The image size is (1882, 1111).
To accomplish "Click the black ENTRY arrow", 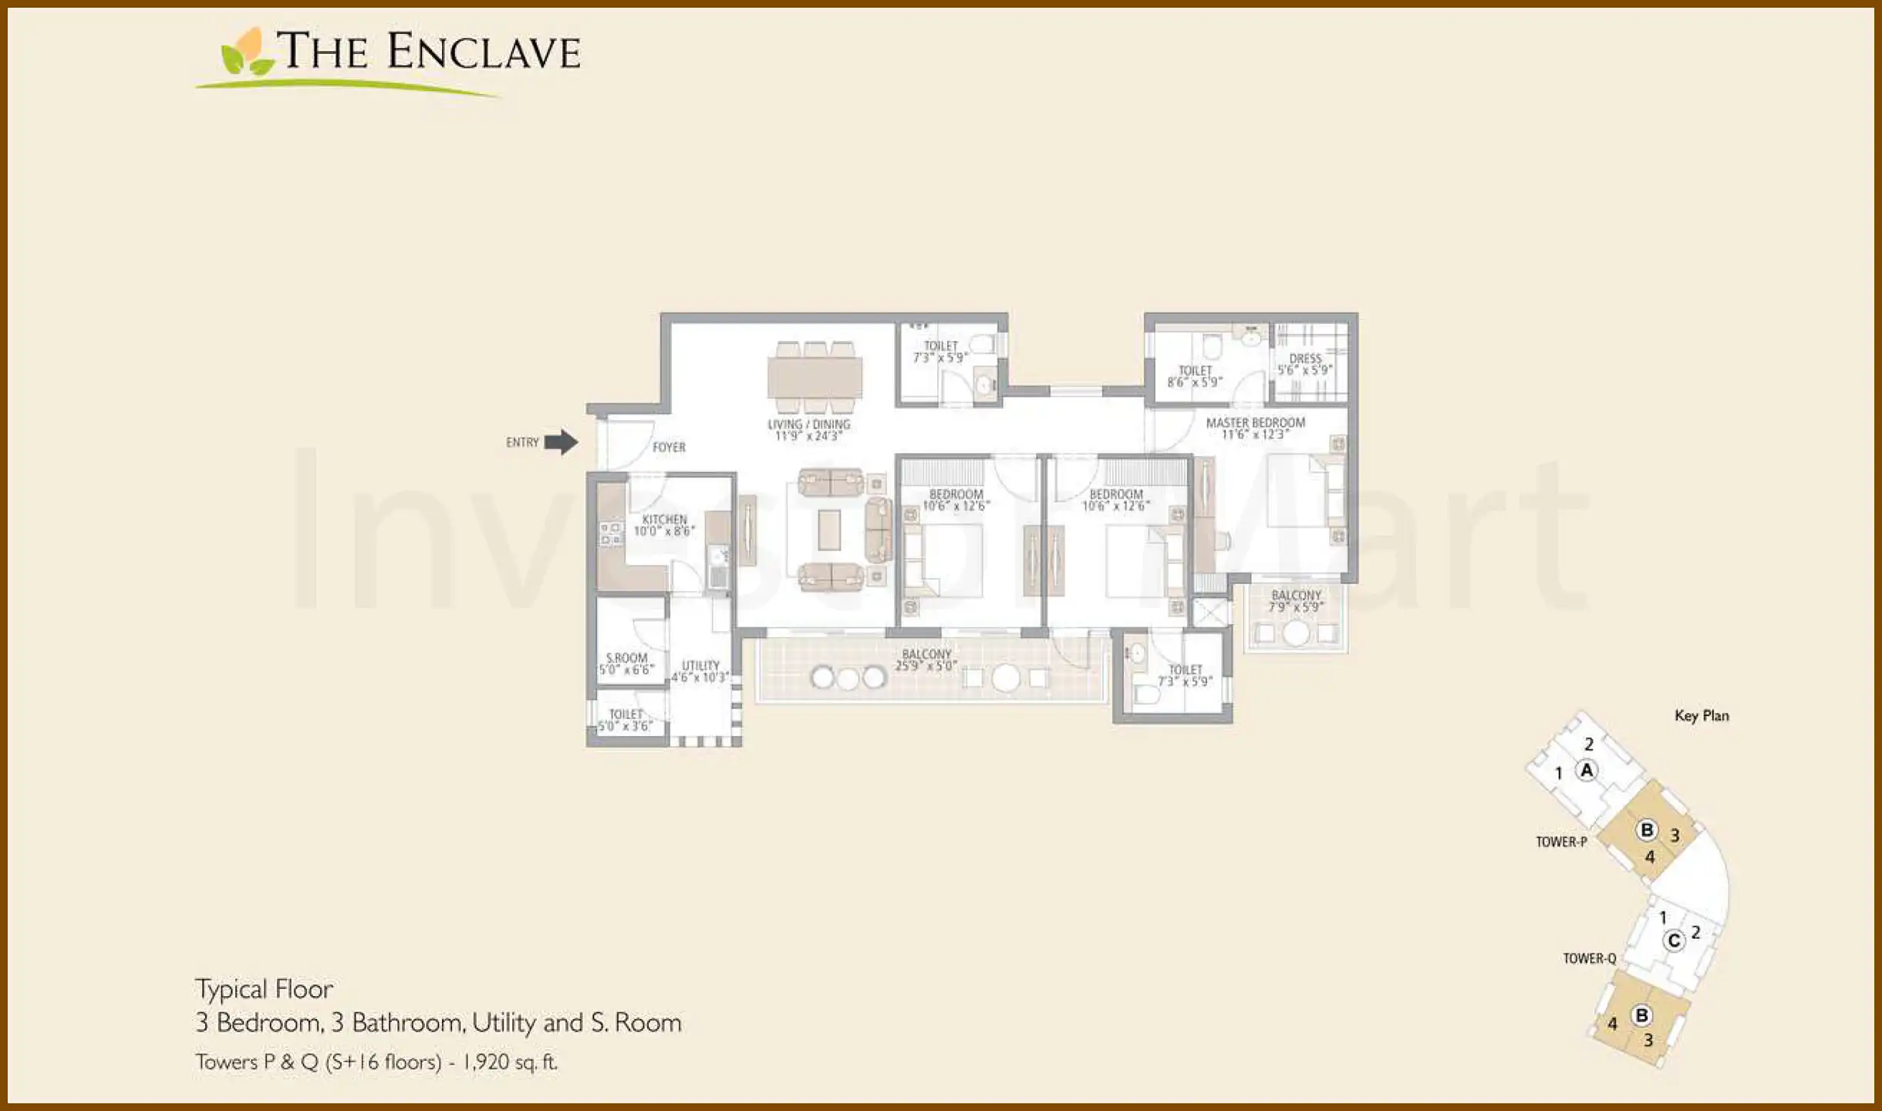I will (x=562, y=442).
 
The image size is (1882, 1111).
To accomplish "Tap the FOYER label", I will (x=669, y=447).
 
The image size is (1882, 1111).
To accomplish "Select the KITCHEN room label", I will (x=664, y=519).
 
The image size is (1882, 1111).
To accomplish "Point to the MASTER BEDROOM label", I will (x=1255, y=423).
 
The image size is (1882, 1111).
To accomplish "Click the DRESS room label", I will (x=1305, y=359).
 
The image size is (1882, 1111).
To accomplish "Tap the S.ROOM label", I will (x=626, y=658).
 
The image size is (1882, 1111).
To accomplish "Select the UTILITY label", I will (x=700, y=665).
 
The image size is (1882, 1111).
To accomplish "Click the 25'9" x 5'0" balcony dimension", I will (x=926, y=666).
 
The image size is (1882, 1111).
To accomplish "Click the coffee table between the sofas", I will (x=829, y=530).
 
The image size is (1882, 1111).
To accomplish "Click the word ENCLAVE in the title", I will (x=484, y=52).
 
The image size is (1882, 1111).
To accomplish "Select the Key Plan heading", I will (x=1702, y=716).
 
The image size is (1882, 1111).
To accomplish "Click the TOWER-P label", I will (x=1561, y=842).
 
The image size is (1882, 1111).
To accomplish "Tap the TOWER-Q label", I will (x=1589, y=958).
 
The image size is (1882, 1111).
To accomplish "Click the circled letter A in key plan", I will (x=1587, y=770).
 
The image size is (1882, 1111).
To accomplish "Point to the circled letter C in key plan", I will (x=1673, y=940).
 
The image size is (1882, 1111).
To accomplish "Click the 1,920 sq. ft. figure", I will (x=510, y=1062).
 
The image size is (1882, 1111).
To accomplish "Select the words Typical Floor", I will (x=264, y=989).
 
